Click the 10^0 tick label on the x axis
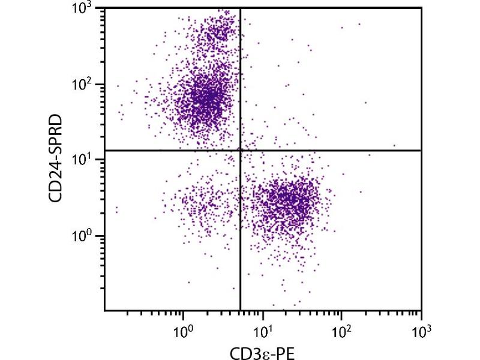182,329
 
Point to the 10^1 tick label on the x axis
262,329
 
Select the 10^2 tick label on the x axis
342,329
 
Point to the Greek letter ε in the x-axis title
269,352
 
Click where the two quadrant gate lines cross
240,150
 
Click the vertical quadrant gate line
240,240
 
